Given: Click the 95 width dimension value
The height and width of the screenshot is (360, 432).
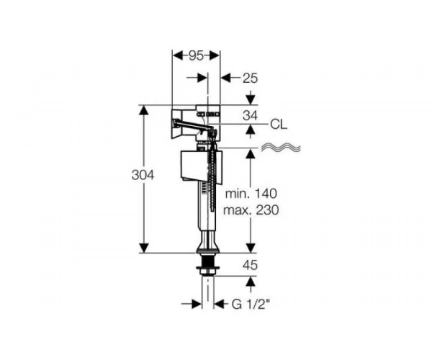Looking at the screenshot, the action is [x=196, y=56].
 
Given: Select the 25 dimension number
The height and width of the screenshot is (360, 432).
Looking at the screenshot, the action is [x=250, y=78].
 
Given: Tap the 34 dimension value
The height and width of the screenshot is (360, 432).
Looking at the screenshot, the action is [x=250, y=115].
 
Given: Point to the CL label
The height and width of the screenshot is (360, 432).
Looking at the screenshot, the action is [x=279, y=125].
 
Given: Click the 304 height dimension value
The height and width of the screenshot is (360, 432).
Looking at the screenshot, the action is [x=143, y=175].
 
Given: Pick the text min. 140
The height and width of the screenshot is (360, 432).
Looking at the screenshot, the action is [x=251, y=194].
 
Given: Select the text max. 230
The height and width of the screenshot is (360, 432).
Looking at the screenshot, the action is [x=251, y=210].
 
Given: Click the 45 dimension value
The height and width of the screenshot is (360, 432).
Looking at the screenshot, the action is [x=250, y=265].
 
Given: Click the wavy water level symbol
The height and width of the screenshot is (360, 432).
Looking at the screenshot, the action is [x=281, y=148].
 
